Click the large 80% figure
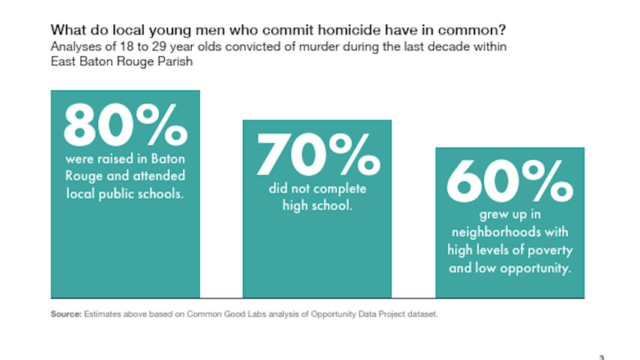coord(124,124)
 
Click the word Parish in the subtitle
coord(177,61)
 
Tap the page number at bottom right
coord(601,356)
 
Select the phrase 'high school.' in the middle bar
coord(317,205)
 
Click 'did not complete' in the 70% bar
coord(317,188)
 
